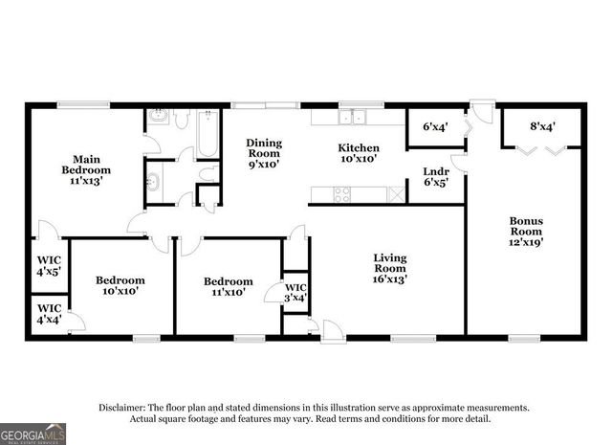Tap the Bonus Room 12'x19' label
pos(525,232)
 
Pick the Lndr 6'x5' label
pos(436,178)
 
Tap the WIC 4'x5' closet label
pos(49,264)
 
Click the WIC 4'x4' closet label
pos(49,313)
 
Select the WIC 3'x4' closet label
pos(295,292)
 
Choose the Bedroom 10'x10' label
pos(120,285)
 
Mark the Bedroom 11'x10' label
pos(228,286)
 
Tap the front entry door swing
pos(332,331)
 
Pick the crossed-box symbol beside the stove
pos(394,193)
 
